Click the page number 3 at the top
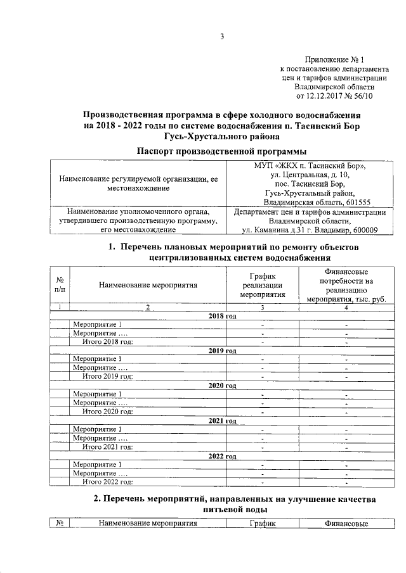pyautogui.click(x=222, y=36)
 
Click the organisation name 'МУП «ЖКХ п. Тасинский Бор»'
pyautogui.click(x=310, y=165)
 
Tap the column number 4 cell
pyautogui.click(x=346, y=307)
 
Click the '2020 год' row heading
pyautogui.click(x=222, y=385)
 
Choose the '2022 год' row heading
pyautogui.click(x=222, y=456)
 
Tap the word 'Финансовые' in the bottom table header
pyautogui.click(x=346, y=524)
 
